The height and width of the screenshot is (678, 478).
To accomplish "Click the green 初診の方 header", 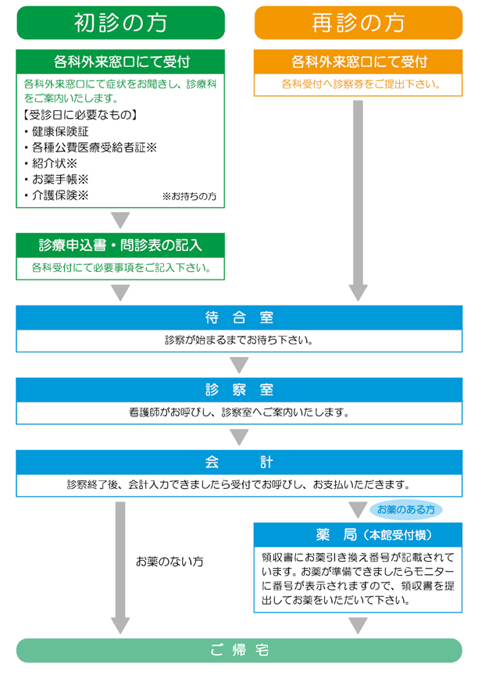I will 120,23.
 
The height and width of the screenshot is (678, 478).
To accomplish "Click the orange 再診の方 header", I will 358,23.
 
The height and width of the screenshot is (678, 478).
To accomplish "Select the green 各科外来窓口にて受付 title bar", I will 120,62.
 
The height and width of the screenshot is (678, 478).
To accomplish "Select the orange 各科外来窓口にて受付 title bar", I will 358,62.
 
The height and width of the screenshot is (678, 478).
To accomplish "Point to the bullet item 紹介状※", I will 54,163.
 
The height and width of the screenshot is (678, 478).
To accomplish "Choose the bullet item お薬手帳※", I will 59,180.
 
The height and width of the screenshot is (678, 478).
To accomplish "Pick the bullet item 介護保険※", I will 59,195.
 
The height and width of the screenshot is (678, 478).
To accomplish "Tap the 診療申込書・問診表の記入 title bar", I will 120,244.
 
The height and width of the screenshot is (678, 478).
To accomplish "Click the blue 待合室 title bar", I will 239,317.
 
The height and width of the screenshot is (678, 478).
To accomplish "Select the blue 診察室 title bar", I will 239,389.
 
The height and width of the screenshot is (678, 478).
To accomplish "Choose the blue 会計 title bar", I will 239,461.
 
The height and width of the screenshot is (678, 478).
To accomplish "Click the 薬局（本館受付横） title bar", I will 358,535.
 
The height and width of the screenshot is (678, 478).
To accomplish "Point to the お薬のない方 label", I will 169,561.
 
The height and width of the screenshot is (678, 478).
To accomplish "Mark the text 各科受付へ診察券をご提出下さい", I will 358,84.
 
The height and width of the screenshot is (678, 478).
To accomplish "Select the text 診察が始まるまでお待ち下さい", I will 239,341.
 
